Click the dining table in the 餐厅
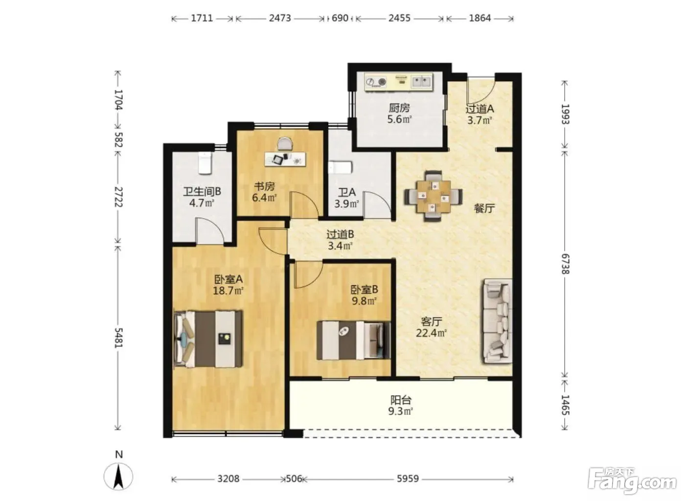coord(433,196)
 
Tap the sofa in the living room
coord(498,321)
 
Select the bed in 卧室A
coord(208,339)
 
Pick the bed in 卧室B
coord(354,340)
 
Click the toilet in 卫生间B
coord(205,163)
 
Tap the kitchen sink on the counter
coord(421,82)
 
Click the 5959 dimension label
coord(408,478)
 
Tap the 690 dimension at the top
coord(340,18)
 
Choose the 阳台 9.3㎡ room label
coord(401,406)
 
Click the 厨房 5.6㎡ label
coord(399,114)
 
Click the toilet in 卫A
coord(340,168)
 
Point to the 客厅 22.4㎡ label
coord(431,327)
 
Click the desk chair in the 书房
coord(285,143)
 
